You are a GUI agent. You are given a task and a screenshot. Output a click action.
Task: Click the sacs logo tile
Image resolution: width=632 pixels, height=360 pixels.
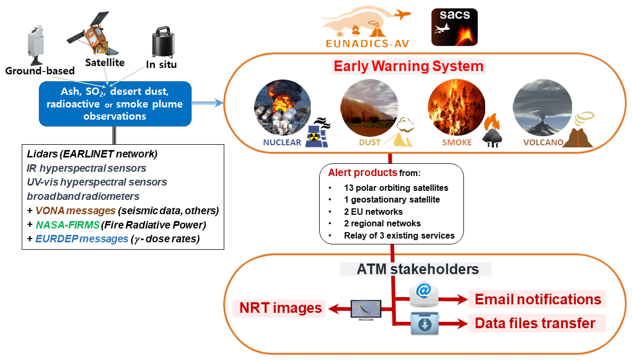tap(455, 27)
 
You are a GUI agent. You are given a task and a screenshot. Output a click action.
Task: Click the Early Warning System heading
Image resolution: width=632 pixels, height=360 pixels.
tap(408, 66)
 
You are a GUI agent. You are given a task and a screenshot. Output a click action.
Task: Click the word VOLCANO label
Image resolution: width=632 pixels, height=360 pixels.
tap(541, 143)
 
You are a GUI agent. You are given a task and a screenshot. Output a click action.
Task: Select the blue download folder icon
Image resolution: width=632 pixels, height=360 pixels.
tap(424, 323)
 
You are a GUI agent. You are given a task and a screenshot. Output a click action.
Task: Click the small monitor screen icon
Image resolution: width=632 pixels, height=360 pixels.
tap(366, 309)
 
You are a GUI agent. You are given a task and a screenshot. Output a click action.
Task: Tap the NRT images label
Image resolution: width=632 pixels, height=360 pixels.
tap(280, 308)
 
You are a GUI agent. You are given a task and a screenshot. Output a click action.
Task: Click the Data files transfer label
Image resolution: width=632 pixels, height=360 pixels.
tap(536, 323)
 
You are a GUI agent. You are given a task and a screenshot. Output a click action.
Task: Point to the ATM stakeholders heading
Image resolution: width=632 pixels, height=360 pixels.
tap(416, 269)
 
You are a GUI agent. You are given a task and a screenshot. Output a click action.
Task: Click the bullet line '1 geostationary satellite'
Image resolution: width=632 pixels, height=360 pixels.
tap(391, 200)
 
